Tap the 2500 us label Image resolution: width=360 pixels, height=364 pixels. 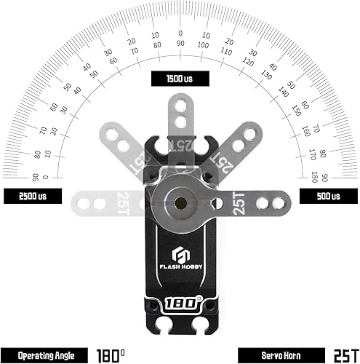(x=32, y=196)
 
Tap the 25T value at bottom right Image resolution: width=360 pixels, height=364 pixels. (x=343, y=355)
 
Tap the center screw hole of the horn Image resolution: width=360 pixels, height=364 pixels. (x=180, y=197)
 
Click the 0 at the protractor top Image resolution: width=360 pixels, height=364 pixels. (x=180, y=33)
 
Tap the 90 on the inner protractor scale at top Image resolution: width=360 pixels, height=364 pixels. (x=180, y=44)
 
